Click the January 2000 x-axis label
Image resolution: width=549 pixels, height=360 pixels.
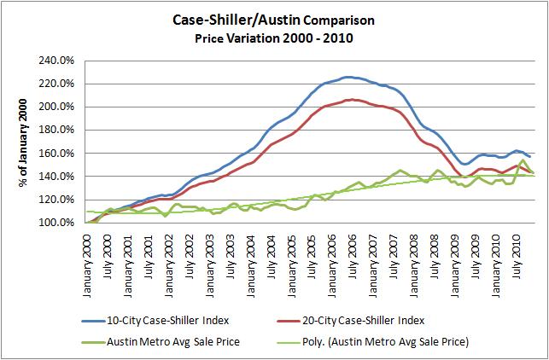tap(88, 260)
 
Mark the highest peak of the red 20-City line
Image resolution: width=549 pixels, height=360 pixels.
tap(350, 100)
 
